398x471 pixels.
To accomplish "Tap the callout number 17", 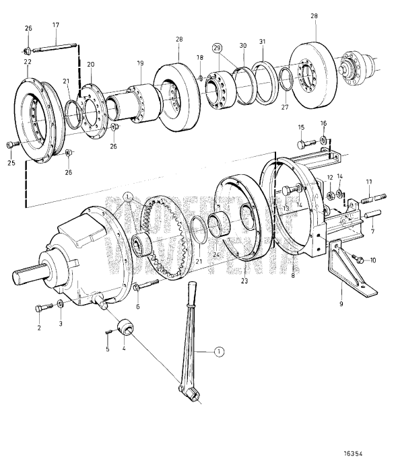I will tap(56, 26).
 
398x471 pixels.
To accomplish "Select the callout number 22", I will tap(28, 62).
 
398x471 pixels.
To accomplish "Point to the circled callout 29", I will tap(217, 48).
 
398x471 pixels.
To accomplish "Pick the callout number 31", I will tap(263, 42).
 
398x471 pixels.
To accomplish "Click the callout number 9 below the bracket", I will tap(341, 304).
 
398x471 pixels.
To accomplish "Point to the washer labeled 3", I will tap(61, 306).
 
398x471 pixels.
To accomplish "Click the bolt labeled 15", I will tap(306, 143).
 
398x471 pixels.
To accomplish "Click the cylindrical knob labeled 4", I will tap(125, 328).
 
